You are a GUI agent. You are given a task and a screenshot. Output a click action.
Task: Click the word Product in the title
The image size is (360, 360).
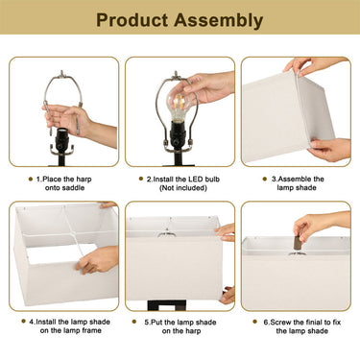pyautogui.click(x=132, y=20)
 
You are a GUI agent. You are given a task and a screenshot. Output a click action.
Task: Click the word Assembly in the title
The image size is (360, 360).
pyautogui.click(x=219, y=21)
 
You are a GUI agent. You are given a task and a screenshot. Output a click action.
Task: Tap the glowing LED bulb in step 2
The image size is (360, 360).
pyautogui.click(x=178, y=104)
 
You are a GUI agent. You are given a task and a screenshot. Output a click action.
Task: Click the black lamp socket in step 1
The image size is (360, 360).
pyautogui.click(x=61, y=142)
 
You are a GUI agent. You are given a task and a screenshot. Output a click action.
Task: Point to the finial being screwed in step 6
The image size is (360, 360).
pyautogui.click(x=298, y=242)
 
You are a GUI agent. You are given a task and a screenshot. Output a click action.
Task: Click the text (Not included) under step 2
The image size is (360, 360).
pyautogui.click(x=183, y=188)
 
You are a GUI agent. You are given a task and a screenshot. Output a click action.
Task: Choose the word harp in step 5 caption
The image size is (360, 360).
pyautogui.click(x=194, y=331)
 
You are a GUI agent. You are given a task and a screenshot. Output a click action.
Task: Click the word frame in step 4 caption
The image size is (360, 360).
pyautogui.click(x=91, y=330)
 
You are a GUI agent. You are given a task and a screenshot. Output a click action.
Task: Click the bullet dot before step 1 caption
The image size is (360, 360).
pyautogui.click(x=31, y=179)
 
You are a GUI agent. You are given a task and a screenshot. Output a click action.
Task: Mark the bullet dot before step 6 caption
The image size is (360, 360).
pyautogui.click(x=255, y=322)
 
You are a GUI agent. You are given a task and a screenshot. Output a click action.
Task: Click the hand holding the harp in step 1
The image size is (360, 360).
pyautogui.click(x=69, y=118)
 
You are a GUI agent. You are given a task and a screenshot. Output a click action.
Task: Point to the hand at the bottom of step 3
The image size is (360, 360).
pyautogui.click(x=329, y=150)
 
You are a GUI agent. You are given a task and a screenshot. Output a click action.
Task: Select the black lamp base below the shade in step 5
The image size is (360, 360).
pyautogui.click(x=167, y=304)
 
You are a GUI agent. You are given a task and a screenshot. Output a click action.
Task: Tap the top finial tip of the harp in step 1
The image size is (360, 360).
pyautogui.click(x=62, y=72)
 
